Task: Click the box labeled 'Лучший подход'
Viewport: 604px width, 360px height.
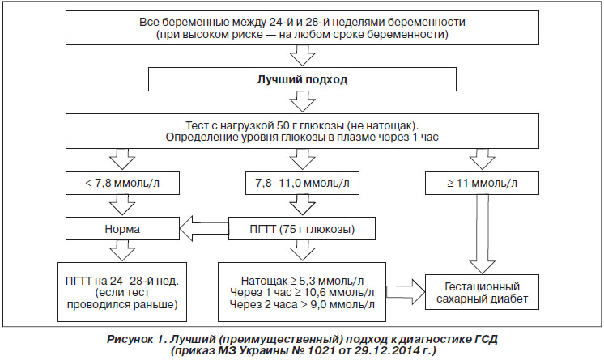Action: (302, 79)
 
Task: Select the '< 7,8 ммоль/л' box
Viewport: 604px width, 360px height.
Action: (122, 183)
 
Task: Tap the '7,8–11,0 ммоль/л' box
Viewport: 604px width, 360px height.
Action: (302, 183)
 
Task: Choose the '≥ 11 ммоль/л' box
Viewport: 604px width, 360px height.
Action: (482, 183)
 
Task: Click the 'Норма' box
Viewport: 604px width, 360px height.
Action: (122, 229)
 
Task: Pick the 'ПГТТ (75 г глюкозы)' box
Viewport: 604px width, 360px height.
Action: (302, 229)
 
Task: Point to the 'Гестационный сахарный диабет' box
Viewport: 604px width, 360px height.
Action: (482, 292)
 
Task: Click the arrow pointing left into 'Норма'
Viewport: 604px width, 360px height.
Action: (204, 229)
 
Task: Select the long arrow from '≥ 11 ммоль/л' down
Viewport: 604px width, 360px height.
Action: (483, 234)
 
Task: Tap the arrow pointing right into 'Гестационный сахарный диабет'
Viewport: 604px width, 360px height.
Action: (406, 292)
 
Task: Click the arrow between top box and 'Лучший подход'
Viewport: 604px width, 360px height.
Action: (302, 56)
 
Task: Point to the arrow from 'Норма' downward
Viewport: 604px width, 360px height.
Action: (122, 251)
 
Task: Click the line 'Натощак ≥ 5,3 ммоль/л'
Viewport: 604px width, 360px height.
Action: (302, 280)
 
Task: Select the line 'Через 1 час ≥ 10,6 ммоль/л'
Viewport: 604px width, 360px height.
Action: (302, 292)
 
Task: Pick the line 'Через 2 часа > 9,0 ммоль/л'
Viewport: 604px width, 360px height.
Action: (302, 304)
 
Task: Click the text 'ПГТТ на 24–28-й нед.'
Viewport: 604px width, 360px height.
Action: (122, 280)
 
